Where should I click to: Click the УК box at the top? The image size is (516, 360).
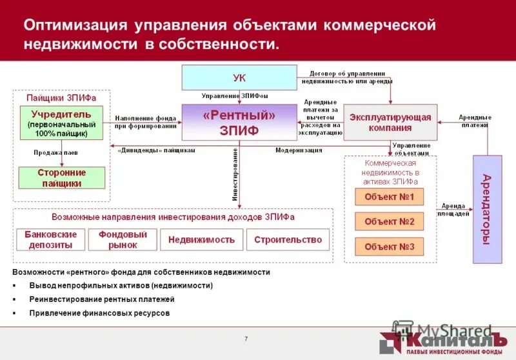[x=239, y=77]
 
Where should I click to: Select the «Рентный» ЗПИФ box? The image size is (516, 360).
[x=239, y=122]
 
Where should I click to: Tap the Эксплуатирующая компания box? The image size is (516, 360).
[x=390, y=122]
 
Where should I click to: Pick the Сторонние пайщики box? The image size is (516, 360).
[x=61, y=177]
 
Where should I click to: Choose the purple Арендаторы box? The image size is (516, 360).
[x=487, y=209]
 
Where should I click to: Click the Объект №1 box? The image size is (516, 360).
[x=389, y=197]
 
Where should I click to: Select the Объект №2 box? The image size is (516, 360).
[x=389, y=221]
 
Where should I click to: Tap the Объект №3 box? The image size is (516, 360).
[x=389, y=246]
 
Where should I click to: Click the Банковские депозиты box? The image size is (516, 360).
[x=50, y=239]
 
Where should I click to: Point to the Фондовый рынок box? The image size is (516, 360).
[x=123, y=239]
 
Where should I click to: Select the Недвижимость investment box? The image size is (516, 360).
[x=201, y=239]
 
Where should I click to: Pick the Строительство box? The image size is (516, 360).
[x=288, y=239]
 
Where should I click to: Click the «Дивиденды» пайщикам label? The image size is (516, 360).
[x=156, y=150]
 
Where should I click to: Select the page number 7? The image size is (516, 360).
[x=246, y=339]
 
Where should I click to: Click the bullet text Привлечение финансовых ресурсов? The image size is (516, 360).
[x=100, y=313]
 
